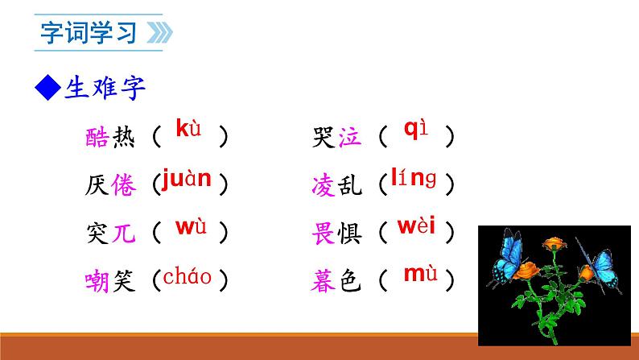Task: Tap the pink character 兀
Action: [x=124, y=234]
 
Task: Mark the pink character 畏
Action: [x=322, y=234]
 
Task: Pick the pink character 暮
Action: [x=322, y=281]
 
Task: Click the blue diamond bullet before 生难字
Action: [x=50, y=87]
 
